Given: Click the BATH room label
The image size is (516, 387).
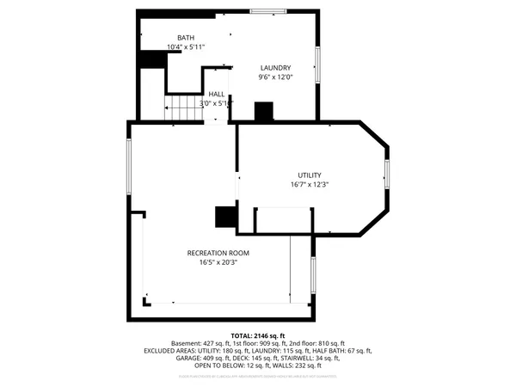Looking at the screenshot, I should pyautogui.click(x=186, y=38).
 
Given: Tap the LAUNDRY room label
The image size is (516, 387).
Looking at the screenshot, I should pyautogui.click(x=276, y=67).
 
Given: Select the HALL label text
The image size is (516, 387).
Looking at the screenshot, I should pyautogui.click(x=216, y=95).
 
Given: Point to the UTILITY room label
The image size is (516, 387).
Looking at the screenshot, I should pyautogui.click(x=310, y=175).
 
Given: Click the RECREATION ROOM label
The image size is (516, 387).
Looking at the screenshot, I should pyautogui.click(x=218, y=253).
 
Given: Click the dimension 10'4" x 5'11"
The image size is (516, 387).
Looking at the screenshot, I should pyautogui.click(x=186, y=47).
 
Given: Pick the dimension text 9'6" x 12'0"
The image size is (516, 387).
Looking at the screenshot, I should pyautogui.click(x=276, y=77).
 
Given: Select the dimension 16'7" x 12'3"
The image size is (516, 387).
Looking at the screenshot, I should pyautogui.click(x=310, y=184).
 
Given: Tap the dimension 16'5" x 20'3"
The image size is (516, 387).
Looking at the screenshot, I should pyautogui.click(x=218, y=262).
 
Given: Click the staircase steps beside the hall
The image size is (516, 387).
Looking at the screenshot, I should pyautogui.click(x=183, y=108).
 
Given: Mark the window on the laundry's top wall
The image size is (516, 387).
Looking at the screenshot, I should pyautogui.click(x=267, y=10).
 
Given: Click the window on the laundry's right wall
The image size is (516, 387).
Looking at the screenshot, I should pyautogui.click(x=316, y=65).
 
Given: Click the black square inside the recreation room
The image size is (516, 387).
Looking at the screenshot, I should pyautogui.click(x=225, y=217).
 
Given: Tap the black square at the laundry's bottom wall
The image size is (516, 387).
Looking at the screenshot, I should pyautogui.click(x=263, y=112).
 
